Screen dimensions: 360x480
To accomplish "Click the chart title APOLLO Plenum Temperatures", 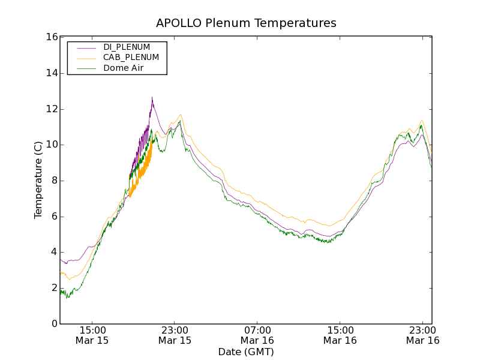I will click(246, 23).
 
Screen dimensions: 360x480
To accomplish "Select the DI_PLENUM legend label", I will click(127, 47).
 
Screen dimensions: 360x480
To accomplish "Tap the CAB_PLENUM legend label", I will click(131, 58).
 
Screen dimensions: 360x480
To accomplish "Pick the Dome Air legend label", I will click(124, 68).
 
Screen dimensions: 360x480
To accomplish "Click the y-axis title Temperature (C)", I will click(38, 180).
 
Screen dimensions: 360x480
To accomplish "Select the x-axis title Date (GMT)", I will click(246, 352).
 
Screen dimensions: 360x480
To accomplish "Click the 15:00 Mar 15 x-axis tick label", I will click(92, 335).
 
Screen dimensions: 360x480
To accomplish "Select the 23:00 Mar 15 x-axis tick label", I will click(175, 335).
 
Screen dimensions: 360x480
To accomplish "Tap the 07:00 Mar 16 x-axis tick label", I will click(257, 335).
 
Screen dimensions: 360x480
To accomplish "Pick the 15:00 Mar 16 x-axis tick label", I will click(340, 335).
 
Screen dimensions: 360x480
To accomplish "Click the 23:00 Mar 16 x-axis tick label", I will click(422, 335).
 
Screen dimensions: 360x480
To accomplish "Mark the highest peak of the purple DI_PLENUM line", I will click(152, 98).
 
